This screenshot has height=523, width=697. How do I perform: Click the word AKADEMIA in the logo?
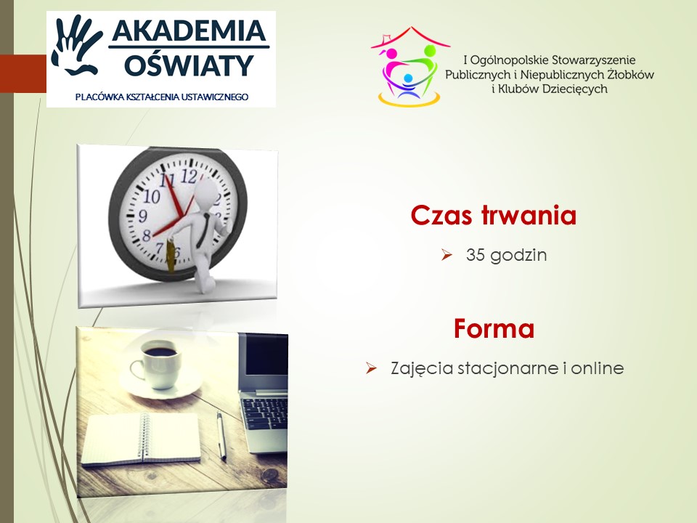189,31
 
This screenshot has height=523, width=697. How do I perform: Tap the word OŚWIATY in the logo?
189,65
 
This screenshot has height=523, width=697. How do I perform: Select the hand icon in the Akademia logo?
76,45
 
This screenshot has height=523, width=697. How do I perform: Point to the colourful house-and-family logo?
409,67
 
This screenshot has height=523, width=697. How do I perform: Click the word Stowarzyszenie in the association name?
587,60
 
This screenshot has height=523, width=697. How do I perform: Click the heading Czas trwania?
494,215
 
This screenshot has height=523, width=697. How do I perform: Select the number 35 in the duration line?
475,255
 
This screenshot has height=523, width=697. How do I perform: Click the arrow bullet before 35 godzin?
447,255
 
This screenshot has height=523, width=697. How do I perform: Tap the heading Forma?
494,328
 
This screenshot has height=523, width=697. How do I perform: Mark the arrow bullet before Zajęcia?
371,368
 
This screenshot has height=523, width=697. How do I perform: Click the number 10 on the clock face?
151,196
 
